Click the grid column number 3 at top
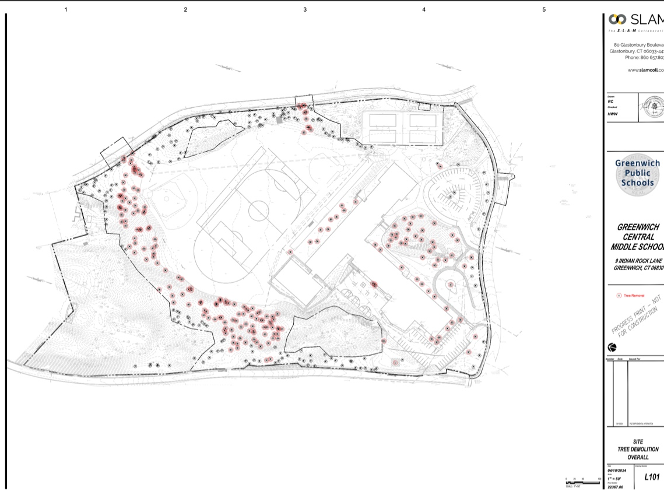(305, 9)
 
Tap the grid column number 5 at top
(544, 9)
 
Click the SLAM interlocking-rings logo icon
(617, 19)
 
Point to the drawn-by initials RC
(611, 101)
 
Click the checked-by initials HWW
(612, 114)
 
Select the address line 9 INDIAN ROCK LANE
(639, 261)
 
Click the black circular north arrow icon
(612, 348)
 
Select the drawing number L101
(651, 478)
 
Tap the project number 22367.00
(615, 487)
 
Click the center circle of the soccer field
(257, 209)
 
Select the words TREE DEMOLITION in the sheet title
(638, 450)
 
